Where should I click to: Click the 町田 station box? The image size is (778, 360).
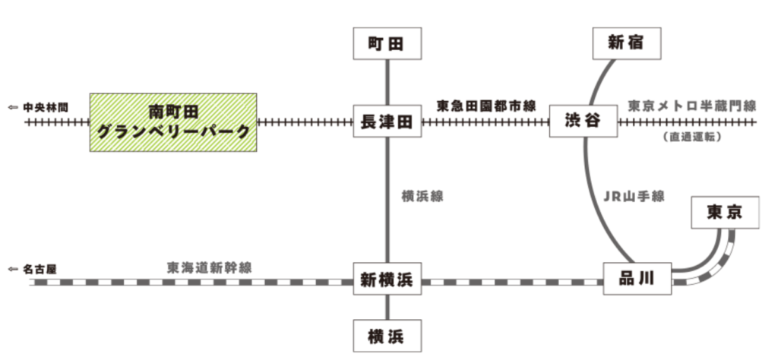click(x=387, y=44)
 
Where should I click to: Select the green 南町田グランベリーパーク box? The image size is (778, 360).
click(x=173, y=122)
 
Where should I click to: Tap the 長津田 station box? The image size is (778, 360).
click(x=387, y=122)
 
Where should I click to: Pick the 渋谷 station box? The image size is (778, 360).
click(x=583, y=121)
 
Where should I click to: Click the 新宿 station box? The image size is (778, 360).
click(x=625, y=43)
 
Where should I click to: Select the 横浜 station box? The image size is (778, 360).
click(x=387, y=335)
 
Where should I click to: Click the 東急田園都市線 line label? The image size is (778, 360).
click(x=485, y=106)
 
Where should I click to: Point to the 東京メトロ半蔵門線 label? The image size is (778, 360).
click(x=692, y=106)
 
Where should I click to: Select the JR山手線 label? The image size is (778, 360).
click(x=634, y=196)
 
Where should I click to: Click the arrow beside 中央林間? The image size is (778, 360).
click(x=13, y=107)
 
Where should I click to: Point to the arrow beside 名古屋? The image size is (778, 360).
click(x=13, y=268)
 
